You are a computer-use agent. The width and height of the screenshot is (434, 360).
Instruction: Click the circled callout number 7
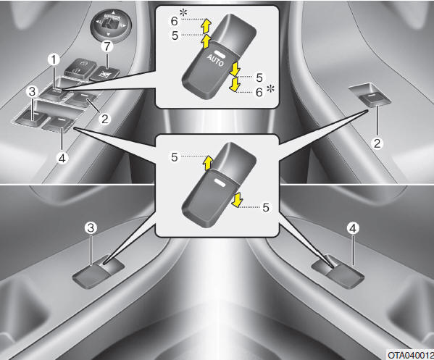point(107,46)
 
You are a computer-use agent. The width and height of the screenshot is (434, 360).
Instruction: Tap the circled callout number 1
point(54,59)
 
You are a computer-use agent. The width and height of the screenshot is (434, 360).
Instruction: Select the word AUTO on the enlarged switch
point(215,61)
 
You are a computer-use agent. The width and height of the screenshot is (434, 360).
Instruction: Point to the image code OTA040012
point(411,355)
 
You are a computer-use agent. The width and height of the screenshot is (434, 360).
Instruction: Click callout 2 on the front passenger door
point(377,143)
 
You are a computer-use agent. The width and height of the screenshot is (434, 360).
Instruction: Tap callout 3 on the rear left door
point(91,228)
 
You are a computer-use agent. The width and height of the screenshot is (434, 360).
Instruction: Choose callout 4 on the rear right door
point(353,228)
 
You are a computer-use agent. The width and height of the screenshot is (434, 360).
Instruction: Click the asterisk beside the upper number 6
point(183,12)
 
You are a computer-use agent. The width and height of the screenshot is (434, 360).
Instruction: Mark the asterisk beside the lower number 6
point(271,89)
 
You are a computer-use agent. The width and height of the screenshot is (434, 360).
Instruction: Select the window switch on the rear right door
point(338,272)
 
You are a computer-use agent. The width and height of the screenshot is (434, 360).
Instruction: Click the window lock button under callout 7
point(105,75)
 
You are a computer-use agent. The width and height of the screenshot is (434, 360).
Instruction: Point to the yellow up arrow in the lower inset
point(207,163)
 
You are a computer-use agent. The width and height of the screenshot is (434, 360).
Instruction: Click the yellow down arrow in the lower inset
point(236,201)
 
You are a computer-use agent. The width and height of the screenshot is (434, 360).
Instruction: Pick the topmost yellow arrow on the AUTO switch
point(206,25)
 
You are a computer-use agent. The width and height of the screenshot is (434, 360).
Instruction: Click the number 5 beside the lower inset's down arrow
point(266,208)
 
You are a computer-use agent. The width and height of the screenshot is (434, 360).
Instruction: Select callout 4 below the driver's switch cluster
point(62,159)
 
